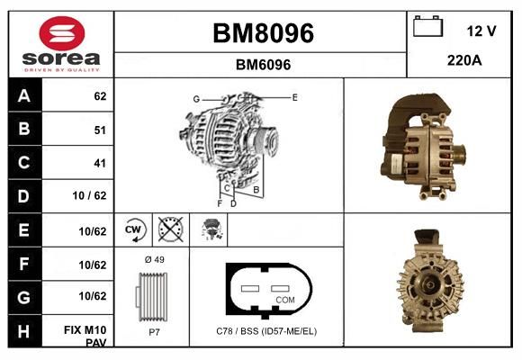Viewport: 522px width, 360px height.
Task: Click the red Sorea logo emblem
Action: point(62,33)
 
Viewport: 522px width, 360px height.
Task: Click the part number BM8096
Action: point(263,33)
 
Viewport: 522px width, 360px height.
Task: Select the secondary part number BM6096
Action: point(263,65)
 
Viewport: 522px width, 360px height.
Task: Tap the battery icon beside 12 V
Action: point(427,26)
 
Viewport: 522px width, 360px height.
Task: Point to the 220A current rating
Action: point(464,60)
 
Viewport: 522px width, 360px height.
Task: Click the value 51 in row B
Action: point(100,130)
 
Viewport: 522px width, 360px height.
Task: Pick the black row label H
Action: point(24,331)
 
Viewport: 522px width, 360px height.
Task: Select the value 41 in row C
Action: point(100,163)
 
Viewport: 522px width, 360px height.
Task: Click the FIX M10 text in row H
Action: point(85,330)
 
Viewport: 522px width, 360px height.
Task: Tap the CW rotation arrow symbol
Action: point(134,229)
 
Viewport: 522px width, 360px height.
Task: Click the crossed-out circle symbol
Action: point(171,229)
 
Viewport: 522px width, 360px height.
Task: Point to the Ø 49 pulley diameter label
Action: point(155,259)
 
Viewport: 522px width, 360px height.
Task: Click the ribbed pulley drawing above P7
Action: point(152,297)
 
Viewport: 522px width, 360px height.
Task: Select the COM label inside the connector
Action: point(285,300)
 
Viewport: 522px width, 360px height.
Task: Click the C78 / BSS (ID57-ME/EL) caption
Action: point(266,331)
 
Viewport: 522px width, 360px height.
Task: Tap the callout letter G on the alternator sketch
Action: point(196,99)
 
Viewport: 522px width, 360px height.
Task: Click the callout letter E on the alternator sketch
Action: point(294,97)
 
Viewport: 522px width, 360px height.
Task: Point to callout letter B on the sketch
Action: point(256,190)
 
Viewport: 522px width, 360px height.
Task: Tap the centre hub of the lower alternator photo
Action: point(430,284)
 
